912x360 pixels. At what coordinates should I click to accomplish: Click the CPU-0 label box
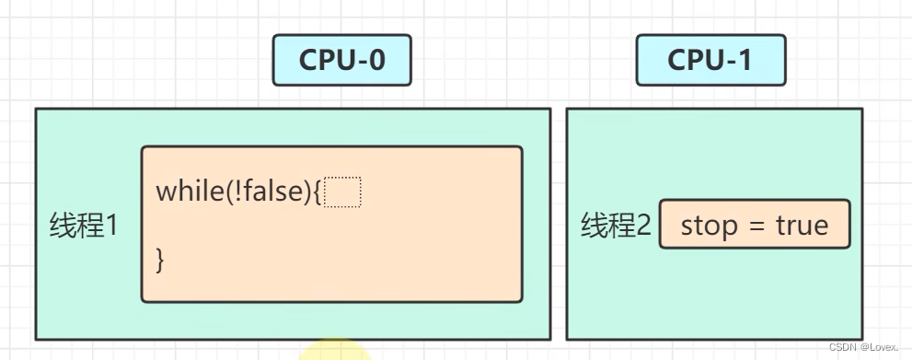[341, 61]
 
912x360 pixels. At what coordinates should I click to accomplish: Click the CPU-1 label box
[710, 61]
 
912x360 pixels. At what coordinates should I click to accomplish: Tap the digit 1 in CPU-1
[744, 61]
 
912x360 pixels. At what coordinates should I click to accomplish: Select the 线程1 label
[84, 225]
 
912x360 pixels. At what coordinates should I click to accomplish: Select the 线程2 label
[616, 225]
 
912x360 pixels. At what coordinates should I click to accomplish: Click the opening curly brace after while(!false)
[317, 192]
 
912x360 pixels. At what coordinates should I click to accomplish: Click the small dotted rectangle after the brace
[343, 192]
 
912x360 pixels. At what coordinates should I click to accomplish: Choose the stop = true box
[754, 225]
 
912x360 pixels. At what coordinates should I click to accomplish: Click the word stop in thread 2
[710, 226]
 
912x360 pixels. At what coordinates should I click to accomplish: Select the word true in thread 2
[802, 226]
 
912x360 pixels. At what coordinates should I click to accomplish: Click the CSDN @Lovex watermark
[863, 347]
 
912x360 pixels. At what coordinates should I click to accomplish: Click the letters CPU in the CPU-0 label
[324, 61]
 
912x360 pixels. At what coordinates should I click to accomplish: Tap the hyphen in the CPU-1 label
[728, 62]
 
